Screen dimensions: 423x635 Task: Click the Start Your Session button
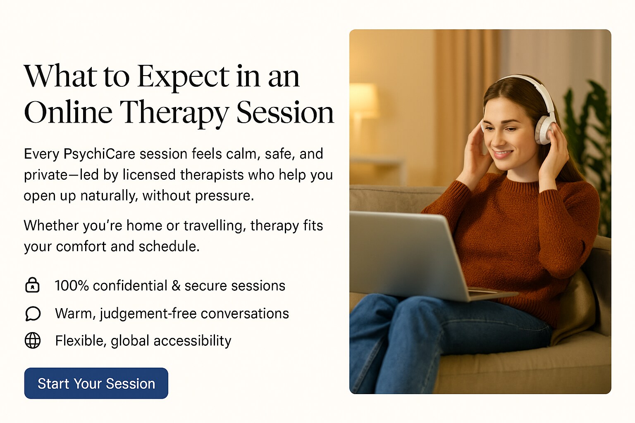click(x=96, y=383)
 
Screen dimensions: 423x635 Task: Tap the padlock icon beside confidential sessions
click(x=32, y=285)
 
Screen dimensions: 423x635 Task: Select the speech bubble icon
click(x=33, y=314)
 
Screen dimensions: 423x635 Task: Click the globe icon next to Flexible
click(x=33, y=340)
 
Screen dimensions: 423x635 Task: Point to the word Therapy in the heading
click(x=174, y=113)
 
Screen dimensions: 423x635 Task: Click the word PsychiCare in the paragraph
click(x=99, y=154)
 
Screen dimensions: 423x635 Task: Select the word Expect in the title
click(x=183, y=76)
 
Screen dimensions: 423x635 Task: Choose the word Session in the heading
click(x=285, y=113)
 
